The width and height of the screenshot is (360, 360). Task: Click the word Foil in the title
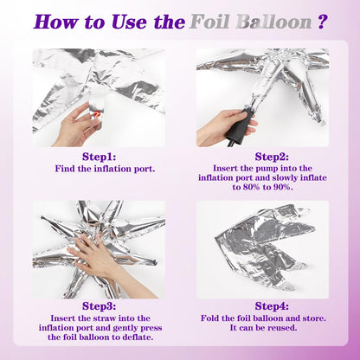coord(209,22)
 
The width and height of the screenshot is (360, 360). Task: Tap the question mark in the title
coord(323,22)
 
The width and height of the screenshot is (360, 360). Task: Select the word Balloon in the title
coord(274,22)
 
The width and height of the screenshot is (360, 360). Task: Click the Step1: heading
coord(99,157)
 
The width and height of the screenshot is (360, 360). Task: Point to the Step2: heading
coord(272,157)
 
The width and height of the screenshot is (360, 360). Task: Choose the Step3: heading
coord(99,306)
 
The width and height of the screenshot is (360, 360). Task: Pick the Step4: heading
coord(272,306)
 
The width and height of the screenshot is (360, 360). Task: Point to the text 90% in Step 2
coord(282,187)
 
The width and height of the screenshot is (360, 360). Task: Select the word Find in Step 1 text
coord(65,169)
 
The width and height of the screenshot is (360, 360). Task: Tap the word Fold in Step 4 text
coord(210,318)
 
